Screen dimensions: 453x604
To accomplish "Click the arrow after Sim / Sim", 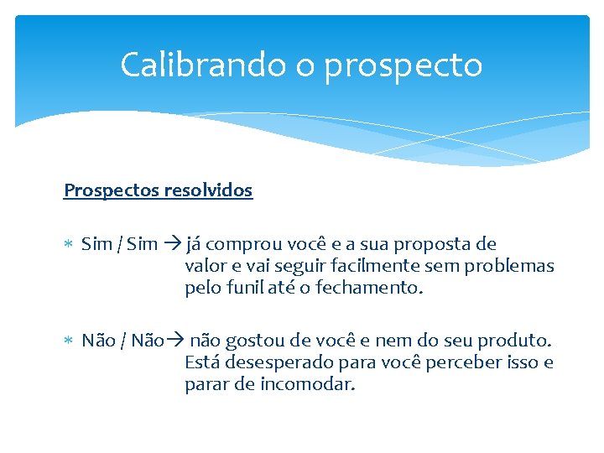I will tap(172, 245).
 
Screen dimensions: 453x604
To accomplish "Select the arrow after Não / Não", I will tap(175, 341).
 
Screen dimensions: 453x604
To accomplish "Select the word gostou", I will tap(251, 341).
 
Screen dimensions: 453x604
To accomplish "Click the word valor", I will tap(204, 267).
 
